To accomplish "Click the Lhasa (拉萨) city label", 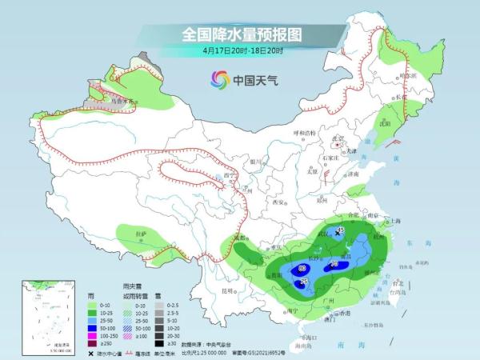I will click(x=142, y=233).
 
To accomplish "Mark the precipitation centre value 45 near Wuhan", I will click(x=339, y=230).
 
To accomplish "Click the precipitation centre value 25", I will click(x=303, y=282).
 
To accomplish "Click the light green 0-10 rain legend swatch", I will click(x=94, y=305).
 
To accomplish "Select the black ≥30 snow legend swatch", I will click(x=160, y=343).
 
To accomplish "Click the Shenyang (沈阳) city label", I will click(x=387, y=124).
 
